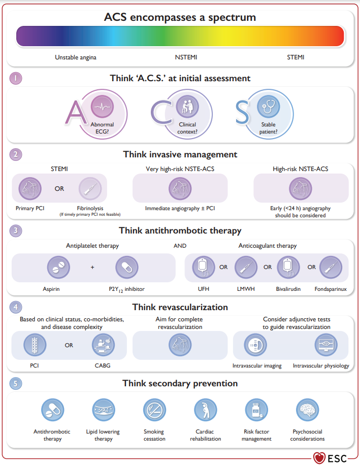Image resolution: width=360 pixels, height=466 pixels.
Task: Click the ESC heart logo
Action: click(x=319, y=458)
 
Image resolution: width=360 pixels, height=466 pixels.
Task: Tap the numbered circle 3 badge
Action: click(x=16, y=230)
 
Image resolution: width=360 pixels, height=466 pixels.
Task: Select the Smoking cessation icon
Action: click(x=154, y=410)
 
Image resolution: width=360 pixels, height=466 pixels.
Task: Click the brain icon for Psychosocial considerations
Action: click(x=307, y=410)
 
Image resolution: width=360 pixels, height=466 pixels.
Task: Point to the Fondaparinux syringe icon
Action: click(x=331, y=267)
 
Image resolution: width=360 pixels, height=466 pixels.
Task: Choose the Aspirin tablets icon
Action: click(x=58, y=267)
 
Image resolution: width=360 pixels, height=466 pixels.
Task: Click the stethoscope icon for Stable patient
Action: click(x=269, y=107)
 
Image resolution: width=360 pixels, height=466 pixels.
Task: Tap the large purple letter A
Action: click(x=75, y=112)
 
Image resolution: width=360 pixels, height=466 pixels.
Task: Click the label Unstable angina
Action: click(x=76, y=57)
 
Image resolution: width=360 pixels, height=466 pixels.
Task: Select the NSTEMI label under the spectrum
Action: click(x=186, y=57)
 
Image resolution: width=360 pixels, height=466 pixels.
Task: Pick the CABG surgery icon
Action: click(x=103, y=345)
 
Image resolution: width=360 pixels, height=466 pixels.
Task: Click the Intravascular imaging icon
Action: click(x=255, y=345)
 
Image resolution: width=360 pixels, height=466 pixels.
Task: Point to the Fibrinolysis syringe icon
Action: click(x=90, y=188)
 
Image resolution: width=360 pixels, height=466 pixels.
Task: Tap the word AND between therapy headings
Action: click(x=180, y=246)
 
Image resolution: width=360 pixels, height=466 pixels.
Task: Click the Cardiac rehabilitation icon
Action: click(x=206, y=410)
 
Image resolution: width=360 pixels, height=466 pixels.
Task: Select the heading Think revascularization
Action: click(x=180, y=307)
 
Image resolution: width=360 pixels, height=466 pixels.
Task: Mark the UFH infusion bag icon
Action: click(x=203, y=267)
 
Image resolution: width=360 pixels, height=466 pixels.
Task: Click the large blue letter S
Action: click(x=242, y=112)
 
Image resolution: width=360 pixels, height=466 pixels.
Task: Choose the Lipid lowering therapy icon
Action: click(x=104, y=410)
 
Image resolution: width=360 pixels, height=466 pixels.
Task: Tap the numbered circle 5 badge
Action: click(x=16, y=383)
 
